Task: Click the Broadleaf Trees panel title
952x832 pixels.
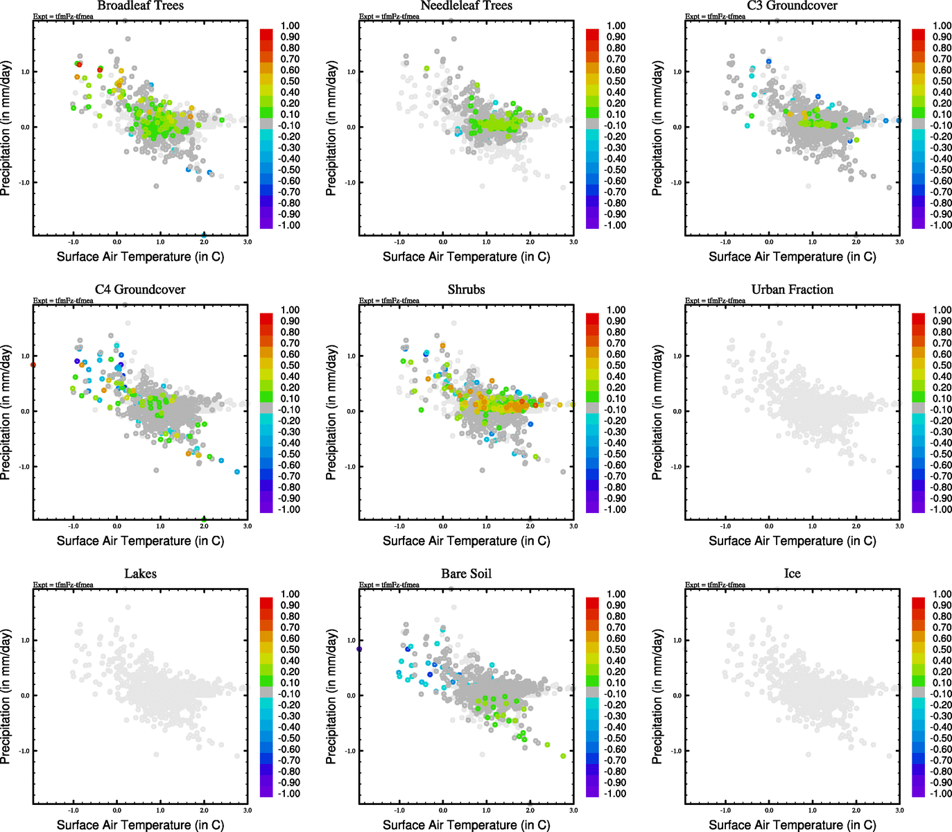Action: coord(140,6)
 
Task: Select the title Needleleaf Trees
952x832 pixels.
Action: coord(466,6)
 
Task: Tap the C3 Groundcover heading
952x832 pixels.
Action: coord(792,6)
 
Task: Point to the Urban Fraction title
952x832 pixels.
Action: coord(792,290)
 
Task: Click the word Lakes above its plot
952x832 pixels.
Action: coord(140,574)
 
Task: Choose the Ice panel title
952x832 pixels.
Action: coord(792,574)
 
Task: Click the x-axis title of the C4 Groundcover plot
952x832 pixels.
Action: coord(140,541)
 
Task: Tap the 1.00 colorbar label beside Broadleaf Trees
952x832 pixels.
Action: coord(290,26)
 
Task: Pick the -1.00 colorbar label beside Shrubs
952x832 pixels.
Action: coord(616,510)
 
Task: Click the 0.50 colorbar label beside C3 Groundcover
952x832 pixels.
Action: coord(942,81)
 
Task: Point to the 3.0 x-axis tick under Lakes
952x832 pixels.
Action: coord(248,810)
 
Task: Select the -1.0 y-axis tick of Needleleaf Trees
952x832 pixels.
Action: coord(351,182)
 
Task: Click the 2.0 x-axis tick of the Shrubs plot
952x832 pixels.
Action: coord(530,526)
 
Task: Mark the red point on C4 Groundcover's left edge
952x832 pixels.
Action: coord(33,365)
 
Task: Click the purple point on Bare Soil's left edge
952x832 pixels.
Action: coord(359,649)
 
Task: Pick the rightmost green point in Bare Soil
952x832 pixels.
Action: coord(563,756)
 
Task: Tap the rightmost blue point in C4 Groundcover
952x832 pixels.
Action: coord(237,471)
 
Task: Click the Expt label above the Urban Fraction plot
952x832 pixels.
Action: coord(715,301)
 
